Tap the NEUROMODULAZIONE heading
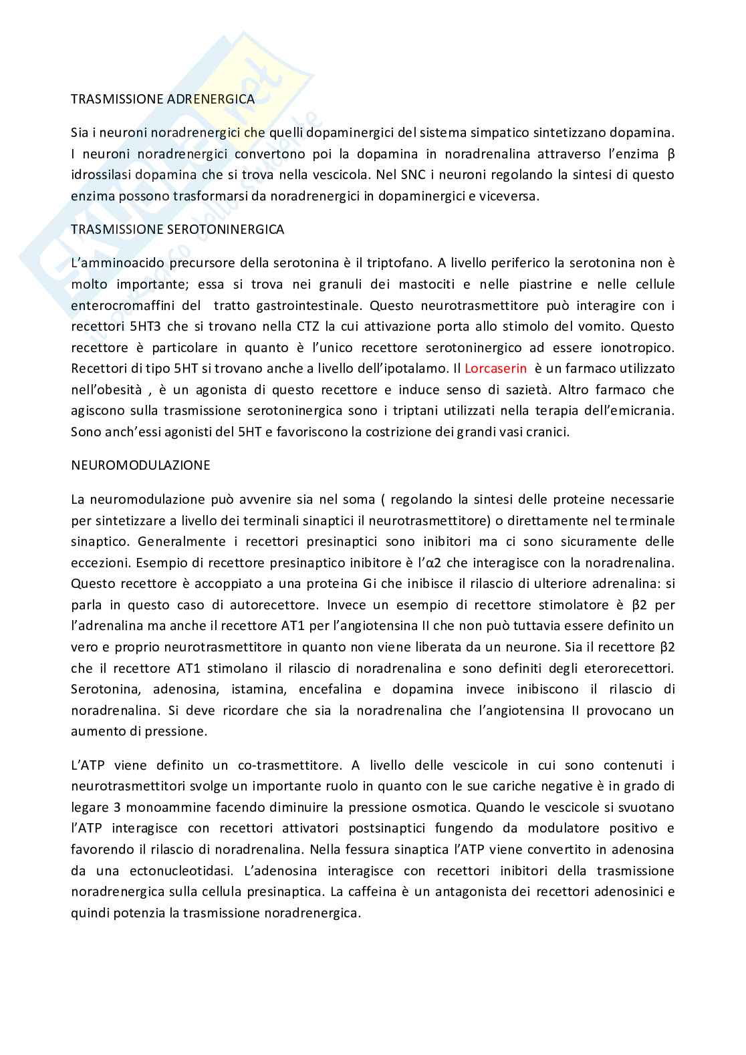pos(140,465)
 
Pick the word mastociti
pos(425,285)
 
